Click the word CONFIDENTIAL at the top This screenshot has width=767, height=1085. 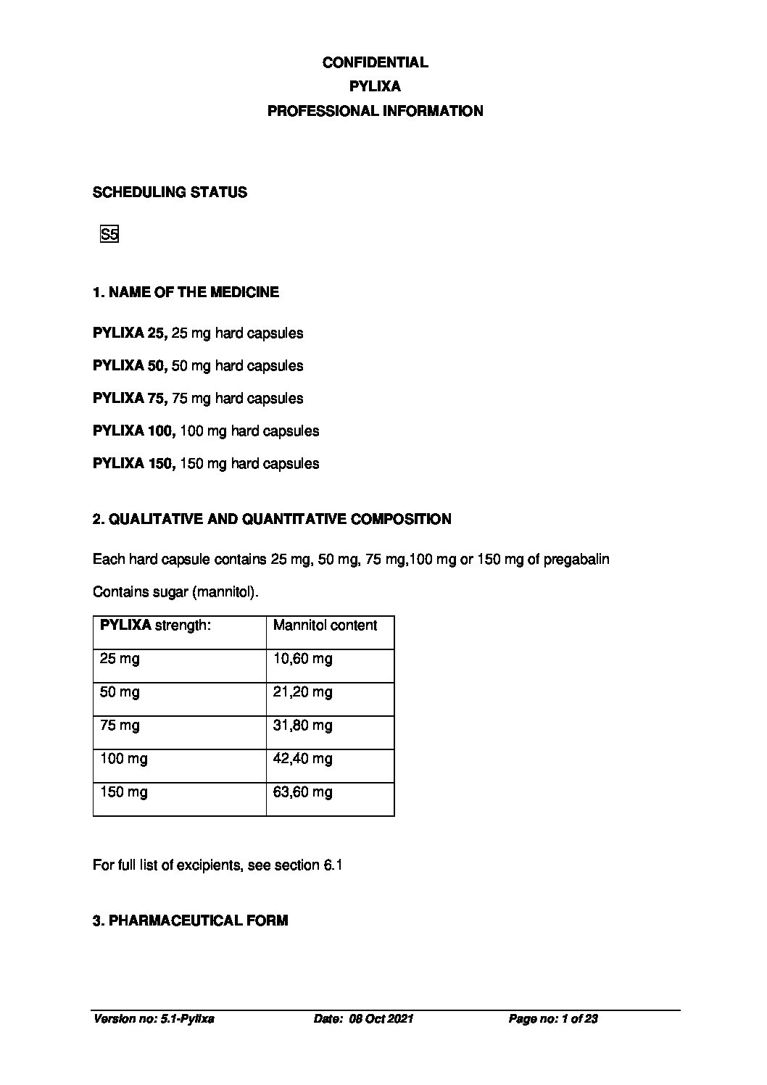375,62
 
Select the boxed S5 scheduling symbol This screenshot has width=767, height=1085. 109,234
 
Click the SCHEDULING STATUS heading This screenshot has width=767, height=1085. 170,192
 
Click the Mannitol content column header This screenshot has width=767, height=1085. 325,625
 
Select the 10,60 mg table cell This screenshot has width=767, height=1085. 302,658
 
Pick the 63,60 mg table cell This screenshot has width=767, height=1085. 302,791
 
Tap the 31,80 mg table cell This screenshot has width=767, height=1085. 302,725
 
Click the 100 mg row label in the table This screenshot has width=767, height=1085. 123,758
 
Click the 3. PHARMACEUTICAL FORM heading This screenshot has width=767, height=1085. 190,920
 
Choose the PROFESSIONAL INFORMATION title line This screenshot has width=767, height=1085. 375,111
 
